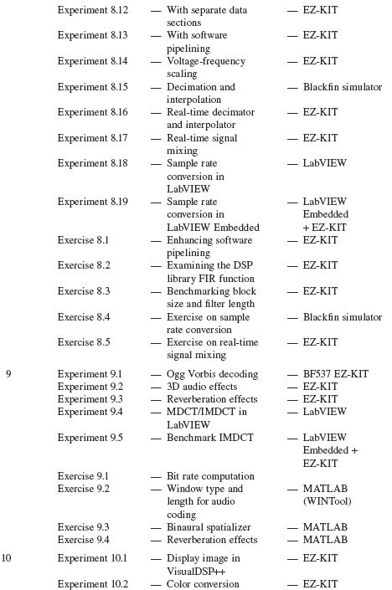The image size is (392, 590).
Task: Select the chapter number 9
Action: point(8,374)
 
